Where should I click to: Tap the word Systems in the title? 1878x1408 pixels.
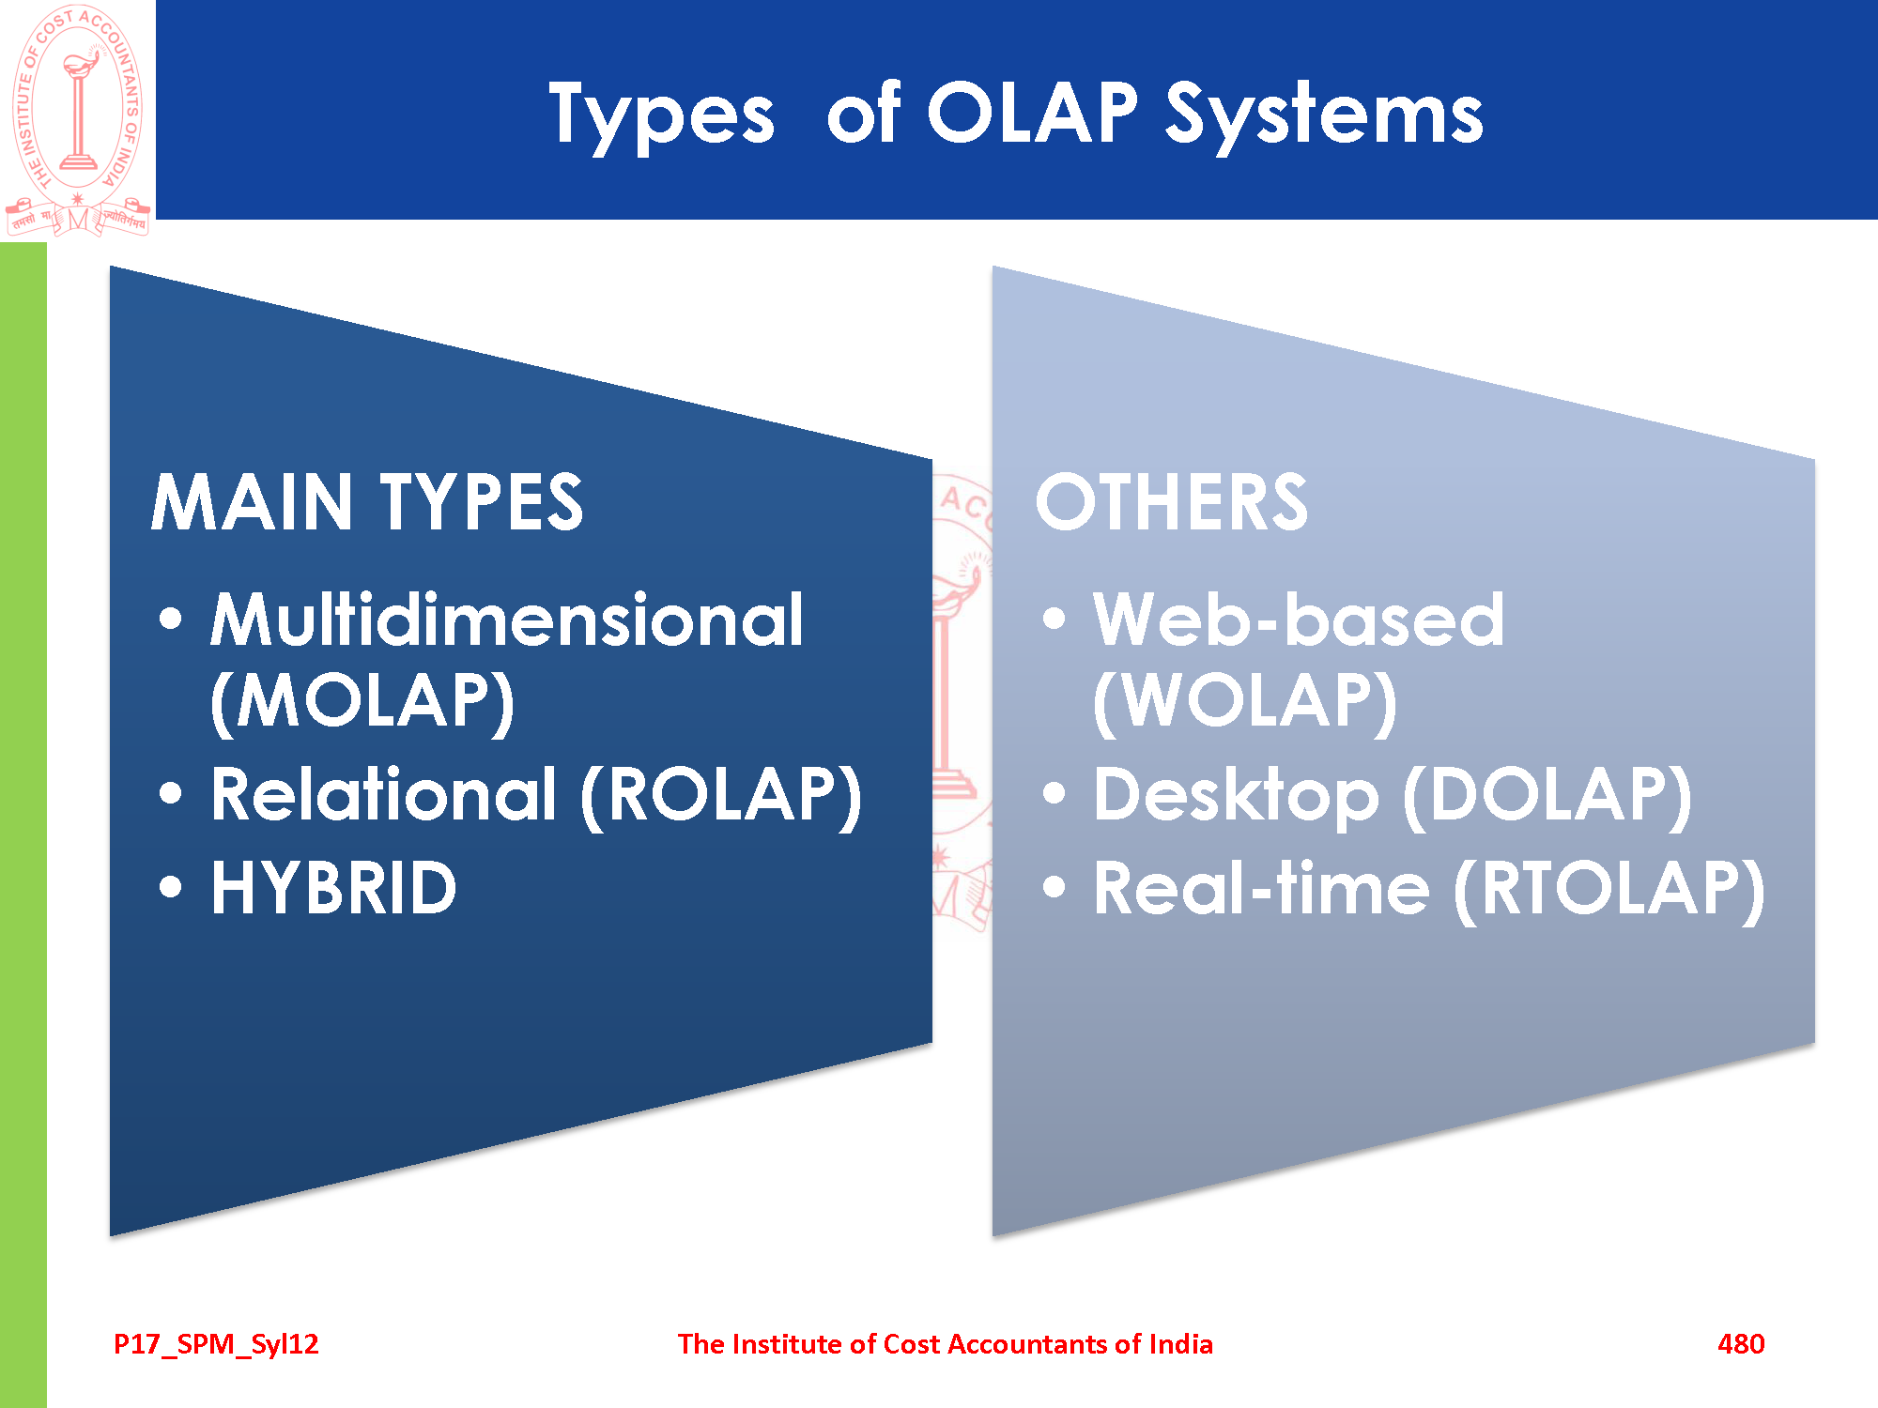(1324, 116)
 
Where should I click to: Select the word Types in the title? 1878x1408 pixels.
(662, 116)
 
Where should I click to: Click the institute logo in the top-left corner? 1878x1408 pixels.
(78, 120)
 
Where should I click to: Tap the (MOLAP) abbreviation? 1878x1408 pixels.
(362, 701)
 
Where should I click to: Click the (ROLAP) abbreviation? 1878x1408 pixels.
(721, 796)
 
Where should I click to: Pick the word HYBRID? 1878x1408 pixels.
(334, 888)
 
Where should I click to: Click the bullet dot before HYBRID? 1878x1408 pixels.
(171, 887)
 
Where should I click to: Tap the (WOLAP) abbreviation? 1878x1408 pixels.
(1245, 701)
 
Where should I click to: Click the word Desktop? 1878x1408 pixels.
(1237, 797)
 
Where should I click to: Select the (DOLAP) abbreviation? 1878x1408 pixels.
(1547, 796)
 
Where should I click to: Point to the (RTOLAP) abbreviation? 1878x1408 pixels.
(1609, 890)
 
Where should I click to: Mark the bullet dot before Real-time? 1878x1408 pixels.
(1054, 887)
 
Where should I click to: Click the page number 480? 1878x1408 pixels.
(1741, 1344)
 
